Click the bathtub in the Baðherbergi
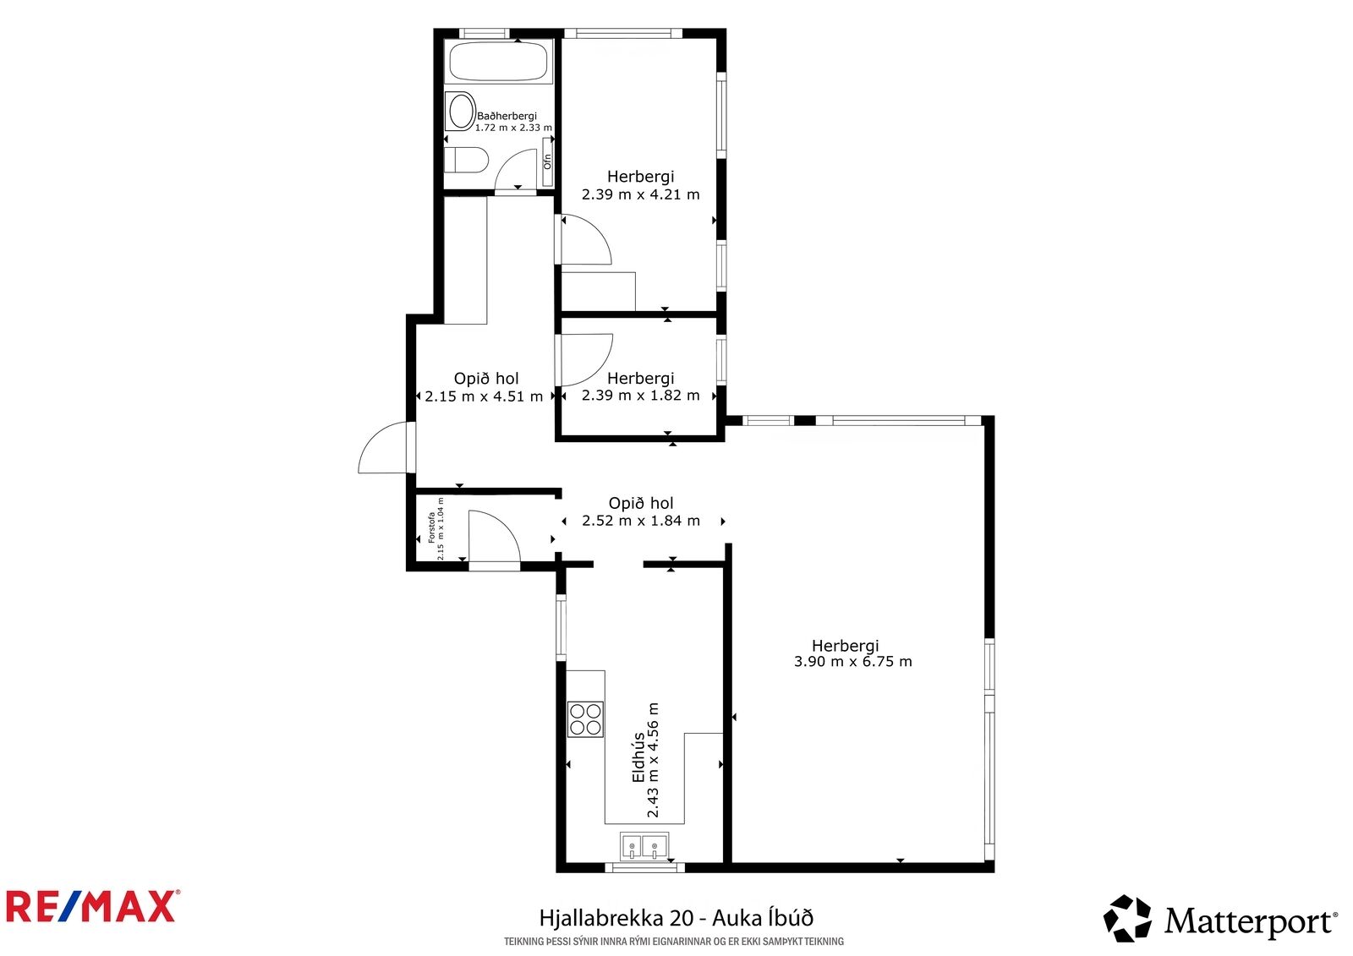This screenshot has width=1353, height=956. [498, 61]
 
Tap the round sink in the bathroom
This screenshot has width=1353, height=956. [460, 111]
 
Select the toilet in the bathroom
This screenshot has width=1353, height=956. [466, 160]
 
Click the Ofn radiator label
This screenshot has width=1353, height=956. [547, 161]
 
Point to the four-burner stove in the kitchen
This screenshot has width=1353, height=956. [585, 719]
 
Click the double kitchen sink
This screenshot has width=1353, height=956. [644, 845]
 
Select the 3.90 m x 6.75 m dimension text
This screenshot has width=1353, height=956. [852, 661]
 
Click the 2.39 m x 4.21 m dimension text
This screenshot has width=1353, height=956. [640, 194]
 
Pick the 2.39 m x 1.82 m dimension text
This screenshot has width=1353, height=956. [640, 396]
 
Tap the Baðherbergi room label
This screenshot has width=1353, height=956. [507, 116]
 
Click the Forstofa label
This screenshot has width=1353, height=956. [432, 527]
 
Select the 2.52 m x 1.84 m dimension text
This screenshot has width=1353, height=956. [641, 521]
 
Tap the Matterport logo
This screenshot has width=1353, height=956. [1220, 920]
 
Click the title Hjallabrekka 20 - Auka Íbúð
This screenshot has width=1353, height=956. [676, 918]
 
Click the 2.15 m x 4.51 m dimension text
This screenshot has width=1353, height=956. [484, 396]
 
